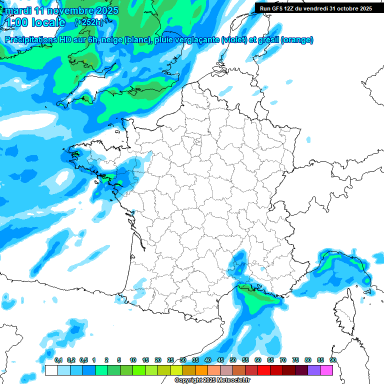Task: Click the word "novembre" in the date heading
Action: click(69, 10)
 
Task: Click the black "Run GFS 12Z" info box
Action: click(315, 8)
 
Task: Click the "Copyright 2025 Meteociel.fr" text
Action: click(212, 380)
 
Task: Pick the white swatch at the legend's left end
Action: click(51, 370)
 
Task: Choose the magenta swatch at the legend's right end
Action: click(326, 370)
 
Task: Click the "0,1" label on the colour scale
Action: click(58, 360)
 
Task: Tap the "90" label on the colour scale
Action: click(333, 360)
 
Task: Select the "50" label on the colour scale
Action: click(233, 360)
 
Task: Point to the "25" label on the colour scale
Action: click(170, 360)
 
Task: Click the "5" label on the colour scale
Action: click(119, 360)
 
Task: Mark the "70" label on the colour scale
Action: click(283, 360)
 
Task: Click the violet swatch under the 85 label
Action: click(314, 370)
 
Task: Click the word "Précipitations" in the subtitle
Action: click(31, 40)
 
